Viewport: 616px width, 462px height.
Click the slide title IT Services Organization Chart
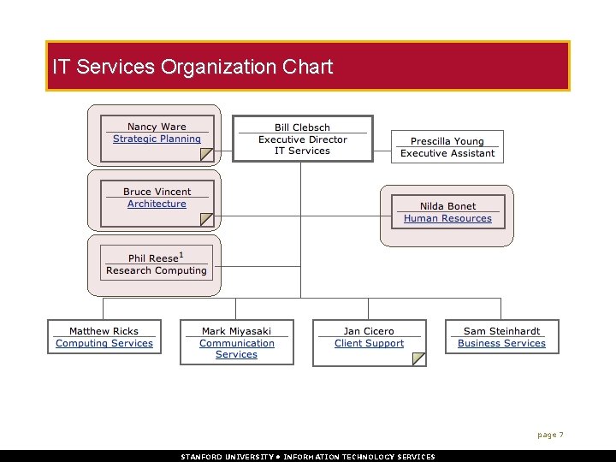pyautogui.click(x=192, y=66)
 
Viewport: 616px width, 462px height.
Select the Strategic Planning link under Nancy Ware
pyautogui.click(x=157, y=139)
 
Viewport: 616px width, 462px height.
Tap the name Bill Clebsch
pyautogui.click(x=302, y=127)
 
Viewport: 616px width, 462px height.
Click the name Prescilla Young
pyautogui.click(x=447, y=141)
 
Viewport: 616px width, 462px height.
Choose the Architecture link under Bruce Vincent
pyautogui.click(x=157, y=204)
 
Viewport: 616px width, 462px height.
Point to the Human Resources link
pyautogui.click(x=447, y=219)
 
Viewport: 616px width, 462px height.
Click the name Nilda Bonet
pyautogui.click(x=447, y=206)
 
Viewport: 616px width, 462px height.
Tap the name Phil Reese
pyautogui.click(x=154, y=258)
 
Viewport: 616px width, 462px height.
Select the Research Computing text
pyautogui.click(x=157, y=270)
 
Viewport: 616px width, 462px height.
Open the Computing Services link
pyautogui.click(x=104, y=344)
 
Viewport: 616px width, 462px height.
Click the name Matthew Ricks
pyautogui.click(x=104, y=331)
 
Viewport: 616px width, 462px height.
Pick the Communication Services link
pyautogui.click(x=237, y=349)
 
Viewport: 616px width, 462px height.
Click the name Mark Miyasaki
pyautogui.click(x=236, y=331)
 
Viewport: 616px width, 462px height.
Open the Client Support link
pyautogui.click(x=369, y=344)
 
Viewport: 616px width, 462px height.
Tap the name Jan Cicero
pyautogui.click(x=369, y=331)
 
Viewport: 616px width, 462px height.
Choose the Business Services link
pyautogui.click(x=501, y=344)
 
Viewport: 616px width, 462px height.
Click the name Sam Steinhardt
pyautogui.click(x=501, y=331)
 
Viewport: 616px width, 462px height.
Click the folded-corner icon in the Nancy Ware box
pyautogui.click(x=206, y=154)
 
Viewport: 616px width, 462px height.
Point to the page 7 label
pyautogui.click(x=550, y=435)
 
